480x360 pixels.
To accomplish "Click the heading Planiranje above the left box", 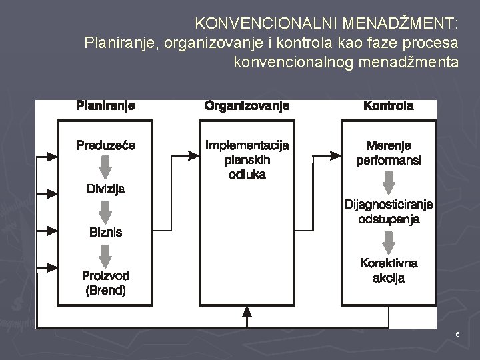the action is [106, 105].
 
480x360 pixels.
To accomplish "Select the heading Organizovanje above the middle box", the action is [247, 105].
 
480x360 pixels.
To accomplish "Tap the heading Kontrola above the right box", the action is [388, 105].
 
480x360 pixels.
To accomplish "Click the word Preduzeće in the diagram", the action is [105, 145].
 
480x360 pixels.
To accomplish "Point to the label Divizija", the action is [105, 189].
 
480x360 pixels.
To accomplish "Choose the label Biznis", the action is [105, 233].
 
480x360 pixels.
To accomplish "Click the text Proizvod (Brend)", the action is [105, 283].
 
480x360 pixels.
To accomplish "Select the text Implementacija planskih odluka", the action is [247, 159].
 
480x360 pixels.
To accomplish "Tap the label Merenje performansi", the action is [389, 153].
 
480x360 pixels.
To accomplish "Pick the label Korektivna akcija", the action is [389, 270].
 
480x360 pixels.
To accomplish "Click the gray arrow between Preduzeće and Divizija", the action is [105, 167].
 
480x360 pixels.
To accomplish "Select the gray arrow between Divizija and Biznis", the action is [105, 211].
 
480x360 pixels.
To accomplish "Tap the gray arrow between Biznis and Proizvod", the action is [105, 255].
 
